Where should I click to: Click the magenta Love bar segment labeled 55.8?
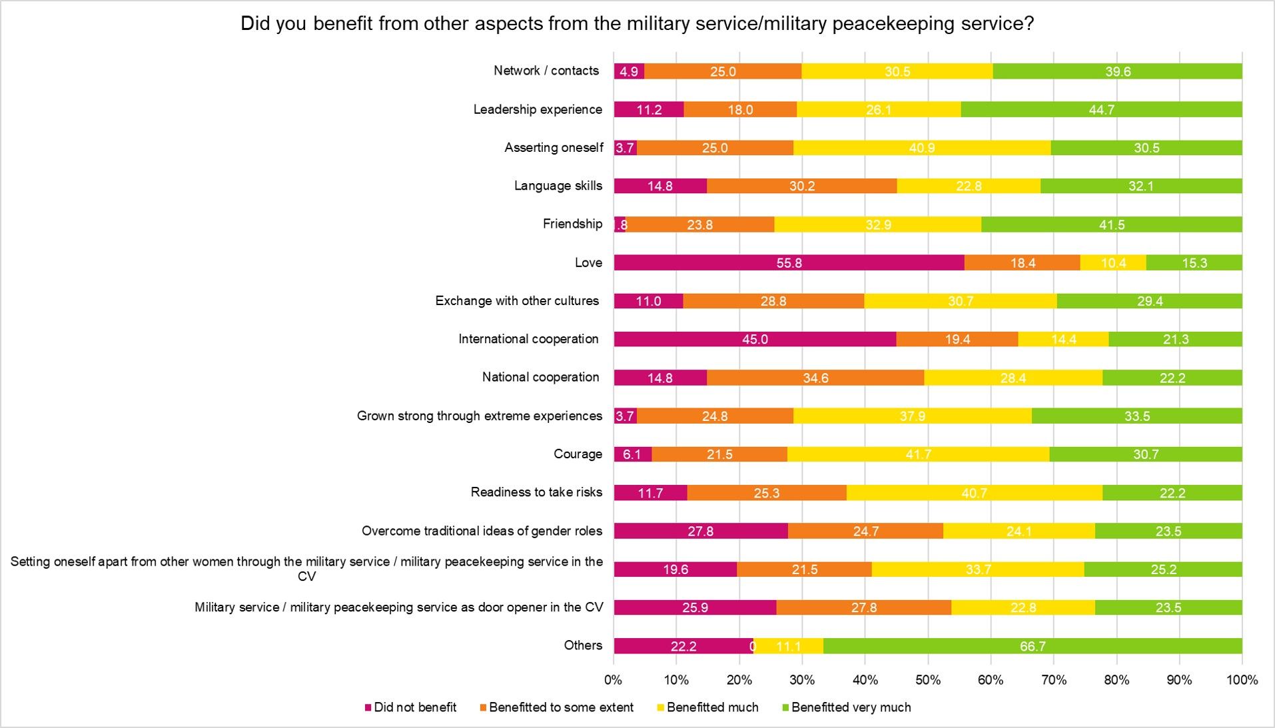pyautogui.click(x=789, y=262)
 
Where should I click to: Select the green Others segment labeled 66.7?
pyautogui.click(x=1033, y=646)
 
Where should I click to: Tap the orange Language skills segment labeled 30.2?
pyautogui.click(x=801, y=186)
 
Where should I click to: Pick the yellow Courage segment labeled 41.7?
pyautogui.click(x=918, y=454)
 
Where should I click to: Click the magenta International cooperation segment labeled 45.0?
pyautogui.click(x=755, y=339)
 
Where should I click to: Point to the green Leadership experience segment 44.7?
pyautogui.click(x=1101, y=109)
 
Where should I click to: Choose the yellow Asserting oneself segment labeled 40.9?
pyautogui.click(x=922, y=148)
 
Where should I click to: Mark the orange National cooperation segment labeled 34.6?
pyautogui.click(x=815, y=378)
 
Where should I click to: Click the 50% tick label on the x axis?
pyautogui.click(x=928, y=680)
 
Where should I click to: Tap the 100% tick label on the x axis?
pyautogui.click(x=1242, y=680)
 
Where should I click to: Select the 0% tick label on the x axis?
pyautogui.click(x=614, y=680)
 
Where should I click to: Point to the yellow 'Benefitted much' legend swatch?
pyautogui.click(x=661, y=707)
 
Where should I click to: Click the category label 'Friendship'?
pyautogui.click(x=572, y=224)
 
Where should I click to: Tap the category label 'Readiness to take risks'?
pyautogui.click(x=536, y=492)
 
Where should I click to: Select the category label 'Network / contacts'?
pyautogui.click(x=546, y=71)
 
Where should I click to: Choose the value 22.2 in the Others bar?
pyautogui.click(x=683, y=646)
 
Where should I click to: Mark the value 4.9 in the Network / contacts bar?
pyautogui.click(x=629, y=71)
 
